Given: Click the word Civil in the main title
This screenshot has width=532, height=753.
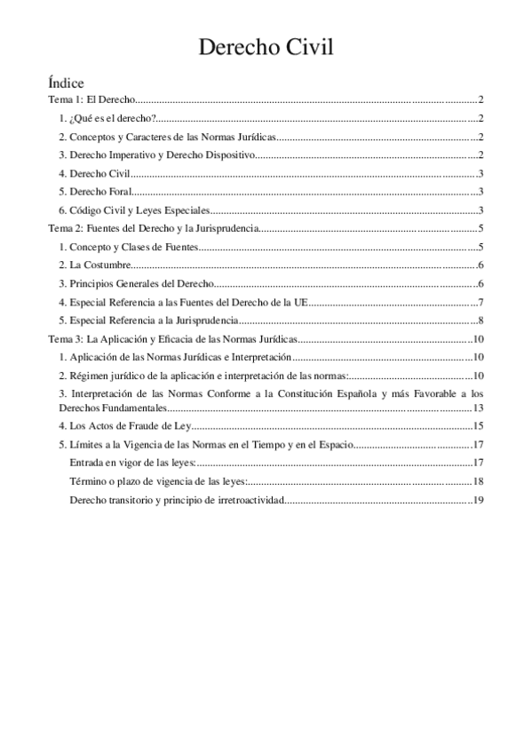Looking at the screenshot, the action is point(304,47).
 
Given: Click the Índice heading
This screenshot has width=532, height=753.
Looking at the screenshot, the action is point(67,82).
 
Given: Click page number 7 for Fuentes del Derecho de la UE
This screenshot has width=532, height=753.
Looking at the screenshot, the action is point(479,303).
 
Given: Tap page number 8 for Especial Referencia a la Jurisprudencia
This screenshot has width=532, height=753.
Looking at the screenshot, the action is point(479,321).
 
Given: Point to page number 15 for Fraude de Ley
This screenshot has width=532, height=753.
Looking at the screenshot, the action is point(477,426).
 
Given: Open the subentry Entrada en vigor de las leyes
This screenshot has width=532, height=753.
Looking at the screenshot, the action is point(133,463).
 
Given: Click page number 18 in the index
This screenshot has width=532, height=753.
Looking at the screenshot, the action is point(477,481).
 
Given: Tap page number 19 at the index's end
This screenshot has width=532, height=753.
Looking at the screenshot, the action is point(477,500).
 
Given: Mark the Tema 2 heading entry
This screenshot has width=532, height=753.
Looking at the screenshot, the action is point(153,228).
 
